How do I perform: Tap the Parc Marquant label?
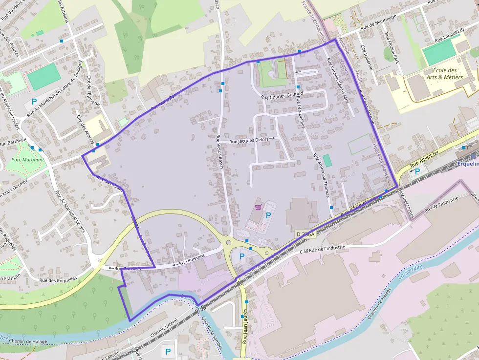click(x=27, y=160)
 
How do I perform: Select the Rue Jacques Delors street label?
click(x=249, y=140)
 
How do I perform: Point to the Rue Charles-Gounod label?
click(x=283, y=96)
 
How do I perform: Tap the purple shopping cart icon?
click(x=258, y=207)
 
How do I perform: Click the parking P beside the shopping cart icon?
click(x=268, y=215)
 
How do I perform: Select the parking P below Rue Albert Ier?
click(x=417, y=171)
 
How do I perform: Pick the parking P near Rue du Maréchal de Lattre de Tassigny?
click(x=34, y=102)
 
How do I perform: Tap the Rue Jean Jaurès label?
click(x=244, y=326)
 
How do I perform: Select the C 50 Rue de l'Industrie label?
click(x=322, y=249)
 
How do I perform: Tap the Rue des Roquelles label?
click(x=59, y=280)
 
